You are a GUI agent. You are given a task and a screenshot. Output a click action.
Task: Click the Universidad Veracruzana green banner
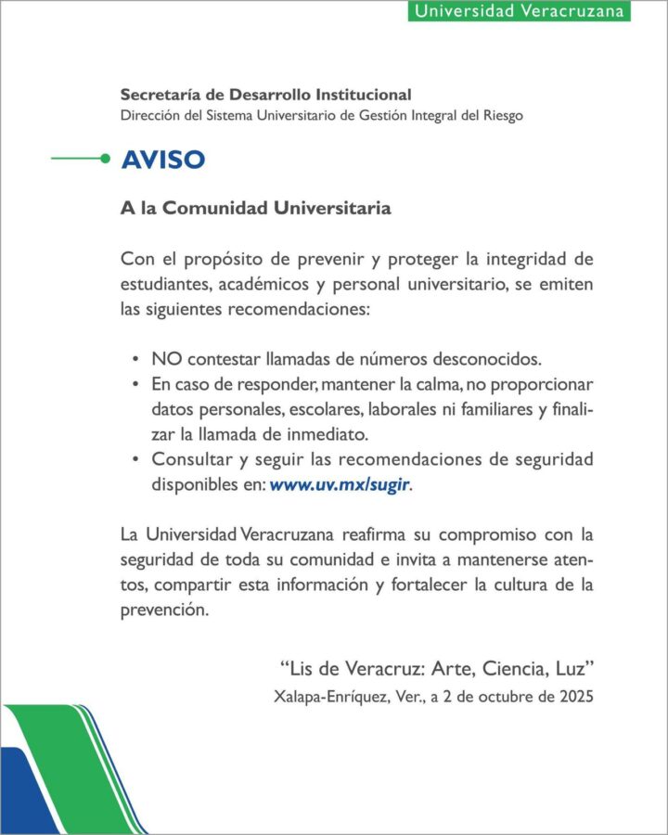click(519, 11)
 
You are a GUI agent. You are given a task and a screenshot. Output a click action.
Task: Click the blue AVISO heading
click(162, 160)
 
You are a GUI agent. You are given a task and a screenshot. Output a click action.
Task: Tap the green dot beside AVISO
click(105, 159)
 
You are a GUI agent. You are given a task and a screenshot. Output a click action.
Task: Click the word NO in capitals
click(164, 358)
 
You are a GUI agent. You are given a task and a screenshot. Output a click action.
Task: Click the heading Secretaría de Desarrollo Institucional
click(265, 95)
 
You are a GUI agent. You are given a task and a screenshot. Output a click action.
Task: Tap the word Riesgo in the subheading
click(501, 116)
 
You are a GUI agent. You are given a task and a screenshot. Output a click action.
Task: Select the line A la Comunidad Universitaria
click(255, 208)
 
